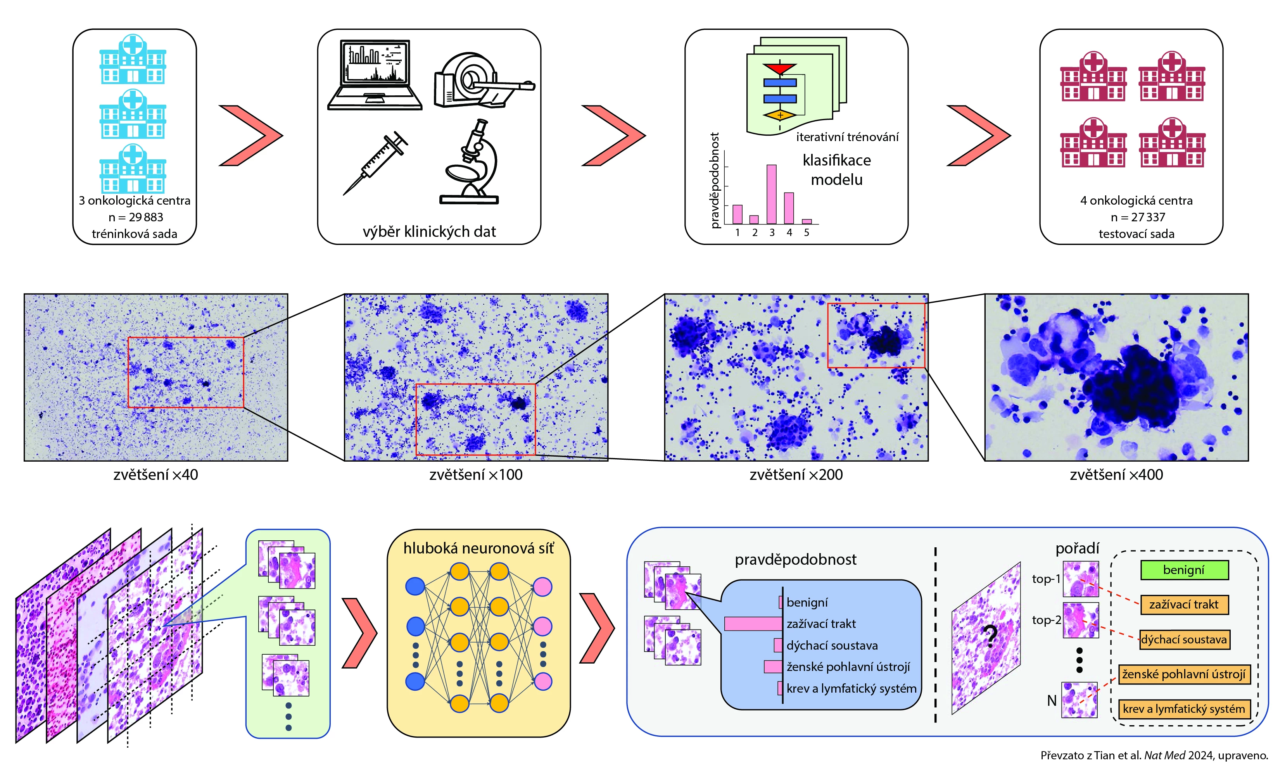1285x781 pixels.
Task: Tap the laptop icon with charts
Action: point(375,74)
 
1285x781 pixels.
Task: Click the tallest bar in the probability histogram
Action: point(771,194)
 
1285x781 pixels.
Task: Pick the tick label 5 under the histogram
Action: point(806,233)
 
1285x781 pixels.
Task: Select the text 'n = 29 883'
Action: point(136,217)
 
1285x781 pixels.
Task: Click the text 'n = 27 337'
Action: point(1137,217)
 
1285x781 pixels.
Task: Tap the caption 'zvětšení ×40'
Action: point(155,474)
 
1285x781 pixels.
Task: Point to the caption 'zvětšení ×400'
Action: point(1116,474)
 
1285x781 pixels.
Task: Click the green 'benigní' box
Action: point(1184,570)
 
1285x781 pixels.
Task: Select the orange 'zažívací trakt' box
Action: point(1184,605)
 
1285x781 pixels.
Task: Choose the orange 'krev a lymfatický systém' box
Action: point(1184,709)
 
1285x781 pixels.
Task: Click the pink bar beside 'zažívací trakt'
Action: point(753,624)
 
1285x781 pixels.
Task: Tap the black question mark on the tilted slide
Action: point(989,637)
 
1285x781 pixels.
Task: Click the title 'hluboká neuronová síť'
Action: point(478,548)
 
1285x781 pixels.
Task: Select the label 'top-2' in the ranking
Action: point(1046,620)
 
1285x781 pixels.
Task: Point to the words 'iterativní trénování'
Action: point(847,137)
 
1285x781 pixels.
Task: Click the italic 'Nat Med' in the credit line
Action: point(1164,755)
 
